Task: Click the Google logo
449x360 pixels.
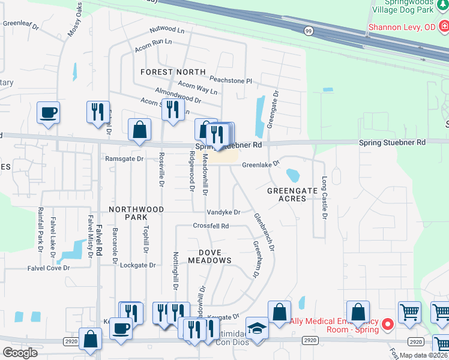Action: pos(20,352)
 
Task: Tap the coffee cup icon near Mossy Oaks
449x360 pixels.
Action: pos(48,112)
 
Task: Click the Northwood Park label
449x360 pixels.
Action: pos(136,213)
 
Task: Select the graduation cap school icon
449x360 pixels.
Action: pos(257,328)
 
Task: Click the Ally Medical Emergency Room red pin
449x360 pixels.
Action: pos(387,325)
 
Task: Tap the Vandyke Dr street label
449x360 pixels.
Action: pos(223,212)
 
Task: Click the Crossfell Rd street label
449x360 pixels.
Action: pos(211,226)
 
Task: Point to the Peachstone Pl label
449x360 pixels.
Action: pos(231,80)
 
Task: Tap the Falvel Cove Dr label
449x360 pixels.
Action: pos(49,268)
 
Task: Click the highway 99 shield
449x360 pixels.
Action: pos(309,31)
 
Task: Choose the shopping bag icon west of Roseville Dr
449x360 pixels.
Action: pos(139,130)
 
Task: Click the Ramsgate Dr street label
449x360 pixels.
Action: pos(124,159)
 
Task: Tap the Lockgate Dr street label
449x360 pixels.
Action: pos(137,265)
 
